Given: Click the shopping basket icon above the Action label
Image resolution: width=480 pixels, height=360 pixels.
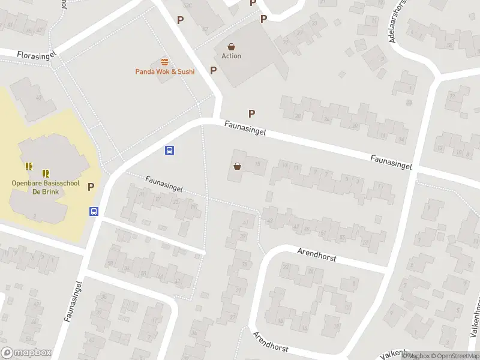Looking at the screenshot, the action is click(231, 46).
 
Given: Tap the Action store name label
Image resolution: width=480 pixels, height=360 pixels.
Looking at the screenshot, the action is click(231, 56).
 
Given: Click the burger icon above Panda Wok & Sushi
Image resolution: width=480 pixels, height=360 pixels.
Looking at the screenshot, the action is click(164, 62).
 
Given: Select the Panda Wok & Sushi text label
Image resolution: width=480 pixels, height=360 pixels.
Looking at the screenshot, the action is click(164, 72).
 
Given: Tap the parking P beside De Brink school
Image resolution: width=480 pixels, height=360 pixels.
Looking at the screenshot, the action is click(91, 187).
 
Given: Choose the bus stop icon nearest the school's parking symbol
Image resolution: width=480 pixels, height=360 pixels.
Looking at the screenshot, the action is click(94, 211).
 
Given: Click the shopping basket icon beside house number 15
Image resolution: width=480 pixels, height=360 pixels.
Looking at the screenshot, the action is click(238, 166).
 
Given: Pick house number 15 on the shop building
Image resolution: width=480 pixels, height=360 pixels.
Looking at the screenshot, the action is click(258, 164).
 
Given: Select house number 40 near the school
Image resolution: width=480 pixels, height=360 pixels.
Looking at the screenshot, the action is click(39, 97).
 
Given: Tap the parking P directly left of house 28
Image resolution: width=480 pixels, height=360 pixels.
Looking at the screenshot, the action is click(252, 113).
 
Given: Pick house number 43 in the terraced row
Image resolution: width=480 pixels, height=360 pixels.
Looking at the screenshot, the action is click(269, 221).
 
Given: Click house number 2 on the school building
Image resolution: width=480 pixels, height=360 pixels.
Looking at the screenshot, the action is click(35, 215).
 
